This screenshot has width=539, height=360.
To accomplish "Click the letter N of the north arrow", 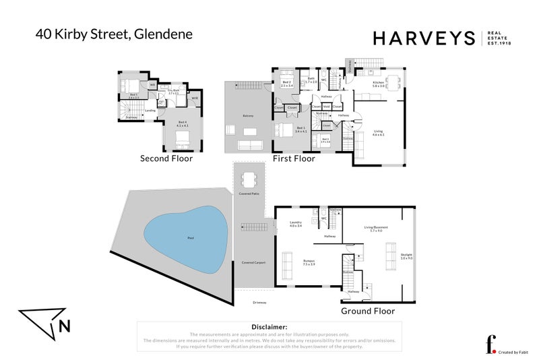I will tap(64, 327).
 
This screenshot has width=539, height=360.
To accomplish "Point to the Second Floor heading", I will tap(166, 159).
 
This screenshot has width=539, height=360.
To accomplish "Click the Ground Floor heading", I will tap(367, 311).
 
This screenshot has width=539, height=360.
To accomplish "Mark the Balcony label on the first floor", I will tap(248, 116).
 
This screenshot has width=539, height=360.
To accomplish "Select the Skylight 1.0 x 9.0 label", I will tap(405, 257).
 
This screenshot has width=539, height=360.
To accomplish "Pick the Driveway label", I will tap(259, 302).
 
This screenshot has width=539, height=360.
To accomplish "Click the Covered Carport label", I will tap(252, 262).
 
